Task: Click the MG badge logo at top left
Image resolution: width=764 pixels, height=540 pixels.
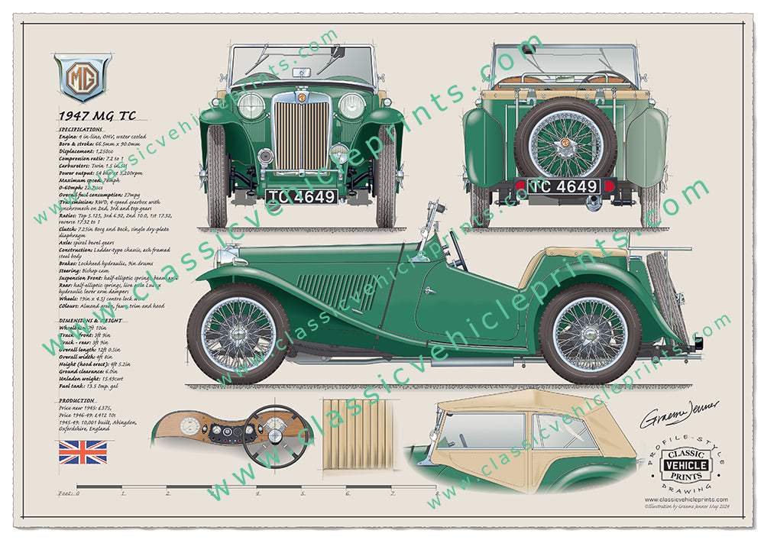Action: [82, 78]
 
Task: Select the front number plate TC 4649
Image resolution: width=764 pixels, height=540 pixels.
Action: [301, 197]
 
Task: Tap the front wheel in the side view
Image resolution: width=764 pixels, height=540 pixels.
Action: [239, 334]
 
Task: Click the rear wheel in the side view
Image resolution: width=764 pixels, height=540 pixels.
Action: [590, 334]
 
